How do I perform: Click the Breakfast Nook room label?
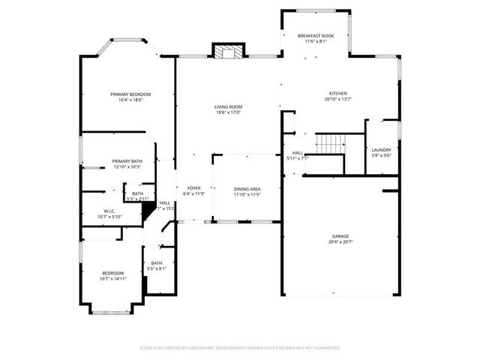315,35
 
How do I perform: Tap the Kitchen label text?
337,93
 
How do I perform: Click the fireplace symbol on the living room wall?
226,52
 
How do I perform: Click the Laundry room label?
382,150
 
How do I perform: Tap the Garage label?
340,236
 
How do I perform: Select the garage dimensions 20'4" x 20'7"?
340,242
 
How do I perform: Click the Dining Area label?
247,189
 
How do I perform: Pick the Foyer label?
194,188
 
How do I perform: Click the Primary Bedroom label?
130,94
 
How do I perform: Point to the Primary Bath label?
127,161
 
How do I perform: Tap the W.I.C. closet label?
109,211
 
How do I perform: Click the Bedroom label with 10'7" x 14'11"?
113,272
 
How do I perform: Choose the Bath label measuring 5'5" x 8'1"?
157,262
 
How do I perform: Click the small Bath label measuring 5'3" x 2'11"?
138,193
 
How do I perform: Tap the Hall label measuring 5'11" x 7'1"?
297,152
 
